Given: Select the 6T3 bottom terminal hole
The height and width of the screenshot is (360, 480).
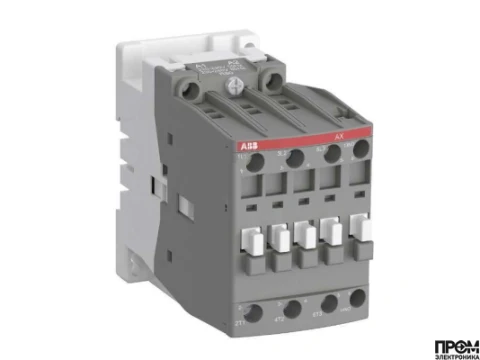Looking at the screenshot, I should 324,304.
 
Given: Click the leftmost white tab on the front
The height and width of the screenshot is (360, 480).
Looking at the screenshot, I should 249,239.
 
